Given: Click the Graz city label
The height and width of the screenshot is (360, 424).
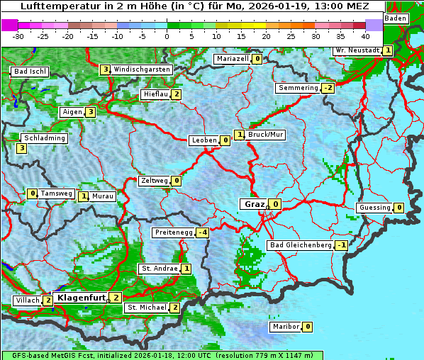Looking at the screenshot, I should point(254,204).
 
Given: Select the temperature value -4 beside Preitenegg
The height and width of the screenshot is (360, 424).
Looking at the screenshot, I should point(203,232).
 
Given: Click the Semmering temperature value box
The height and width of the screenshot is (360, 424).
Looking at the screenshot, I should point(328,88).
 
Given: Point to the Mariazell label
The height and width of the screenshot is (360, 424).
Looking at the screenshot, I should point(233,59).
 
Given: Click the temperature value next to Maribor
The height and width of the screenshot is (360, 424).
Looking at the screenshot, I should point(307,327).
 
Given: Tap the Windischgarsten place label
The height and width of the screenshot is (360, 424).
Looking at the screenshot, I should point(142,69).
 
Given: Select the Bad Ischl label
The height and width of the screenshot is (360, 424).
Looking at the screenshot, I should point(30,72).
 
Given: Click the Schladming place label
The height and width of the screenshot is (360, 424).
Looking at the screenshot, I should point(44,138).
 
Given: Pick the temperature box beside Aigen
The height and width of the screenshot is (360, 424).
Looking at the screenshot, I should point(91,112).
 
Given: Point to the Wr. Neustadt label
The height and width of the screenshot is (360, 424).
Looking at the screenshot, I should point(357,50).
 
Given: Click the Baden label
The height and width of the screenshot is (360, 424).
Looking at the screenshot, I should point(396,18).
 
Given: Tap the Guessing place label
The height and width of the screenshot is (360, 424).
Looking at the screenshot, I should point(374,208).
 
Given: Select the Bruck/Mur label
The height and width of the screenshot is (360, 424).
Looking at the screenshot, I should point(266,134).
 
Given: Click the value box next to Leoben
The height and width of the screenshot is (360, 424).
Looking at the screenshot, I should point(225,140).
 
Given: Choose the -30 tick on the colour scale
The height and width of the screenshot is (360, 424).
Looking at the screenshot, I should point(18,35).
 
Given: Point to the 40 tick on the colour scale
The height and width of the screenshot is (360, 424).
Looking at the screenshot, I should point(365,35).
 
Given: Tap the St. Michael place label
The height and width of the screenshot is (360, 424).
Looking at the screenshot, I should point(147,308).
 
